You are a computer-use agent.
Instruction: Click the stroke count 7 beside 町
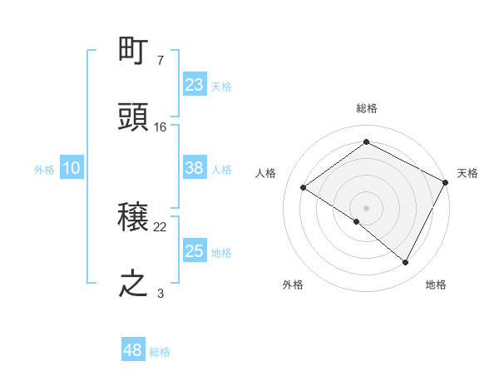point(161,61)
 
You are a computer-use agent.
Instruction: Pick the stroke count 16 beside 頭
point(161,126)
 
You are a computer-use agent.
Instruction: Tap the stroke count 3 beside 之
point(161,293)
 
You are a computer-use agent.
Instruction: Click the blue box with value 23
point(195,85)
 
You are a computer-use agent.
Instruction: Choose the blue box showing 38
point(195,168)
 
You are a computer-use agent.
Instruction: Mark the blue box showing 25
point(195,251)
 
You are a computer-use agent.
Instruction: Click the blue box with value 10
point(72,168)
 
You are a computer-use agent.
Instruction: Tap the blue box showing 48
point(133,350)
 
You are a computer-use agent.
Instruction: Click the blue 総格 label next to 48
point(160,352)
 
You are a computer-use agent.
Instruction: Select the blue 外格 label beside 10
point(44,170)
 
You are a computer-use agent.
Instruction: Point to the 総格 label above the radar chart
point(366,108)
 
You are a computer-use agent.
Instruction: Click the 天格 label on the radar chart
point(468,173)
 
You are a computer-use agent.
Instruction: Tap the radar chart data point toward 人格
point(304,187)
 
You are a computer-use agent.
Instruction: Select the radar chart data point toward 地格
point(406,262)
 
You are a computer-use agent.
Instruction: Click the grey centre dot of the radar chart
point(366,207)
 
